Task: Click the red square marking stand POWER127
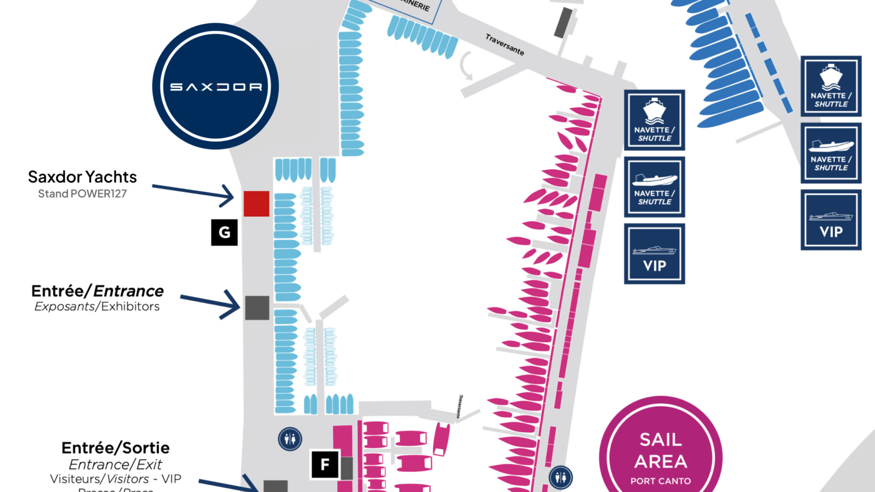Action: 256,203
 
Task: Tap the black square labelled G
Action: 224,232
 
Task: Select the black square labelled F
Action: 325,464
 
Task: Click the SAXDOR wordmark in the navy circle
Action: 216,87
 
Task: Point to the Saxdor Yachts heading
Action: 82,177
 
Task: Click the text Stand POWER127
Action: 82,194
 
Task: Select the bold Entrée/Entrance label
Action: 97,291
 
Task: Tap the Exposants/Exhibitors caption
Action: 97,306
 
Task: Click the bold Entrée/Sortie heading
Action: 115,448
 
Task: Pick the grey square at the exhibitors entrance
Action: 257,307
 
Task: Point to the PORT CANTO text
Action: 660,481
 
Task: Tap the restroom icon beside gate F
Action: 290,440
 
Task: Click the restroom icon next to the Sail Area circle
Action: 561,477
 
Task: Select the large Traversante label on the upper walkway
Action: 504,45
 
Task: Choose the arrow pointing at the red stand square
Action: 193,192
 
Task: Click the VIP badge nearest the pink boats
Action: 654,254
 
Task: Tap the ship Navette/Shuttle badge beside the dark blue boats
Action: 831,86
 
